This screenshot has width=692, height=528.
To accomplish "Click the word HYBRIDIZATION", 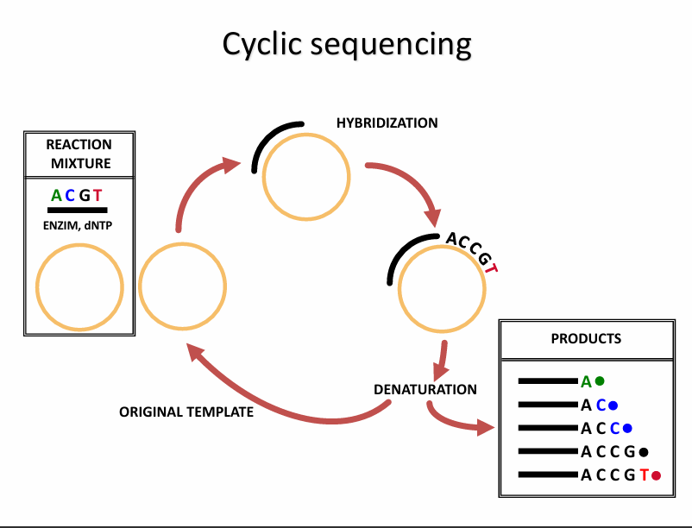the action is coord(387,123).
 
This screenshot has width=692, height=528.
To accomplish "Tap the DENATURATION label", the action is coord(425,389).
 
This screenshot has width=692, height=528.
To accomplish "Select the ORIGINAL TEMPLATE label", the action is coord(186,412).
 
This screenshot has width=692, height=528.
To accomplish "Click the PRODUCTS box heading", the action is coord(586,338).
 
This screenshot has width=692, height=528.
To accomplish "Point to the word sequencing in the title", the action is coord(391,45).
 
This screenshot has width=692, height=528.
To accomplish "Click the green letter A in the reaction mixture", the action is coord(56,195).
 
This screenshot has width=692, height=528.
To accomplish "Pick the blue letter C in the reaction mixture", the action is coord(70,195).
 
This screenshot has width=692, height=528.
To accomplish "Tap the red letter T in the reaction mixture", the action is coord(98,195).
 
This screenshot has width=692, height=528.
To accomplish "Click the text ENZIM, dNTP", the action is coord(78,225).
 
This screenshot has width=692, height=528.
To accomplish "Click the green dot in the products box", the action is coord(600,380).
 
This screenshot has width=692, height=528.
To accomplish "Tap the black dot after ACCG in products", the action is coord(644,452).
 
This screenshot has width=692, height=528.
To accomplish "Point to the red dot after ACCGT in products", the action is coord(657,475).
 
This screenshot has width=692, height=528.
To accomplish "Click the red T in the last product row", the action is coord(645,475).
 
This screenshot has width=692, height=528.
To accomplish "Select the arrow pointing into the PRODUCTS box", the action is coord(455,424).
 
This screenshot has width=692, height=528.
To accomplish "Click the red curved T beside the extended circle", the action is coord(492,267).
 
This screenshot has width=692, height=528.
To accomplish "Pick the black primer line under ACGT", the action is coord(78,210).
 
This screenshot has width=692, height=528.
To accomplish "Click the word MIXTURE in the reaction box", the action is coord(81,163).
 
